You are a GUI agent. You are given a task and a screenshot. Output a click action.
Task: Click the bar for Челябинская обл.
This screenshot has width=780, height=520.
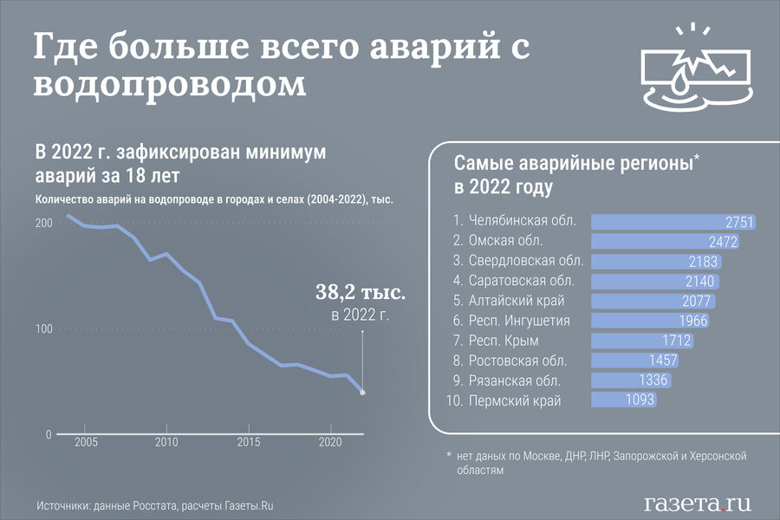click(673, 222)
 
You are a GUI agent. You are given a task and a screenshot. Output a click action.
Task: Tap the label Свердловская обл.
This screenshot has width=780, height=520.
click(526, 261)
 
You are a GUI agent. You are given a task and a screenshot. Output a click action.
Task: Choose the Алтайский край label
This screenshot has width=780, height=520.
click(517, 301)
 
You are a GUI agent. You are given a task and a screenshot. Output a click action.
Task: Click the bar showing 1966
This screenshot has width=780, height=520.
click(650, 321)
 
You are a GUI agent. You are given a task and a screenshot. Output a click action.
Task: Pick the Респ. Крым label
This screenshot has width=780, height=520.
click(505, 341)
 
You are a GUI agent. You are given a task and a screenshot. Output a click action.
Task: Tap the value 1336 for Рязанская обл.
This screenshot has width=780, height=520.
click(654, 380)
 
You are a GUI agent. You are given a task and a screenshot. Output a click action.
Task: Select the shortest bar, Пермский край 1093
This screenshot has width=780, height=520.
click(623, 400)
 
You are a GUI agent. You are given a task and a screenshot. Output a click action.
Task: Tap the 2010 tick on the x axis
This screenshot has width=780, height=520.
click(166, 443)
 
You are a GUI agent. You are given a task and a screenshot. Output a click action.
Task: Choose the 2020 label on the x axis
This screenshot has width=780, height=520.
click(330, 443)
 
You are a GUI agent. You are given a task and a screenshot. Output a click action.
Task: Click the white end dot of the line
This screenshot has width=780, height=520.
click(362, 393)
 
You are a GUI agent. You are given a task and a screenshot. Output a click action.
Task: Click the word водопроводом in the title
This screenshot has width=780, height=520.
click(170, 85)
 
